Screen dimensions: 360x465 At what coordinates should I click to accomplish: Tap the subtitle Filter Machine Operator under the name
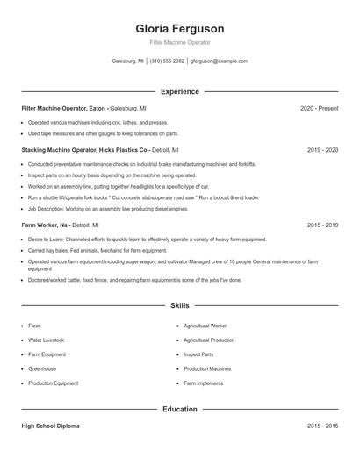point(179,42)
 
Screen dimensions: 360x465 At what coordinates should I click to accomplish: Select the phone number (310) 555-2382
point(167,61)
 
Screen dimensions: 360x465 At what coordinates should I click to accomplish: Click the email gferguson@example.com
point(219,61)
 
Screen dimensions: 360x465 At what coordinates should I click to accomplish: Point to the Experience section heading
point(179,91)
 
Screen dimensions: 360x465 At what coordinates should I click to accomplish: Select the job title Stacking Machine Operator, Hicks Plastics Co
point(83,150)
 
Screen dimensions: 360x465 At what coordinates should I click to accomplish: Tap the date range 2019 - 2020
point(322,150)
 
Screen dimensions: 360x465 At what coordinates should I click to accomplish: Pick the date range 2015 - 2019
point(322,225)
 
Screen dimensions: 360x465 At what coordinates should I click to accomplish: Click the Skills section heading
point(179,305)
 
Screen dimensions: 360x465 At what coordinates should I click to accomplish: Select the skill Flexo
point(35,325)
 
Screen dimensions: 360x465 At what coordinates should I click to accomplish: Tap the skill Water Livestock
point(47,340)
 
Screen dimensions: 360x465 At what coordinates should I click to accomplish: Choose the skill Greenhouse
point(42,368)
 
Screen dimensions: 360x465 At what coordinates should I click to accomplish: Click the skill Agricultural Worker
point(205,325)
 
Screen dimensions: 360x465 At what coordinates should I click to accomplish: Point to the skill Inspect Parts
point(198,354)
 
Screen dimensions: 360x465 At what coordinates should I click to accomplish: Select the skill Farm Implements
point(203,383)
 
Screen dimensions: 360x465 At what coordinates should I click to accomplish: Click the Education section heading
point(179,409)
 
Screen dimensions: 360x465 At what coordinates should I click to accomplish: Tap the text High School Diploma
point(50,426)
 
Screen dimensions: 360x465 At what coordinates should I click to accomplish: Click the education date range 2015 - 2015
point(322,426)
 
